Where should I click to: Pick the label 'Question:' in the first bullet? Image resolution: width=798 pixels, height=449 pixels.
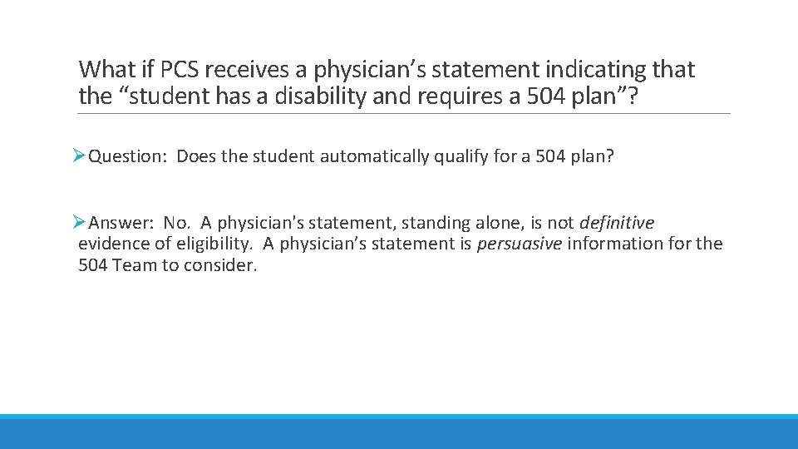point(129,156)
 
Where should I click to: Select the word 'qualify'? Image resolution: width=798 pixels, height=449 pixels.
point(461,156)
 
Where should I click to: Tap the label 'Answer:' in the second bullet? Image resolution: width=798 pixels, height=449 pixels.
point(121,223)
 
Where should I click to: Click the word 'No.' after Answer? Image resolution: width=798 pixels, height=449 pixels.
point(177,223)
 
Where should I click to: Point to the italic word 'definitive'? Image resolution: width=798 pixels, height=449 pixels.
point(617,223)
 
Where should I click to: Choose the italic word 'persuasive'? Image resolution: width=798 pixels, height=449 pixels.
point(520,244)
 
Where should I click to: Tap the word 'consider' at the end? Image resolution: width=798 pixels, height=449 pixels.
point(224,266)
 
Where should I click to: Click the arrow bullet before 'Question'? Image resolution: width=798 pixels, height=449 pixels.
point(79,155)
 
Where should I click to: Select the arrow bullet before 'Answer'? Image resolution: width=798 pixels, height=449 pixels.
point(79,222)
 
